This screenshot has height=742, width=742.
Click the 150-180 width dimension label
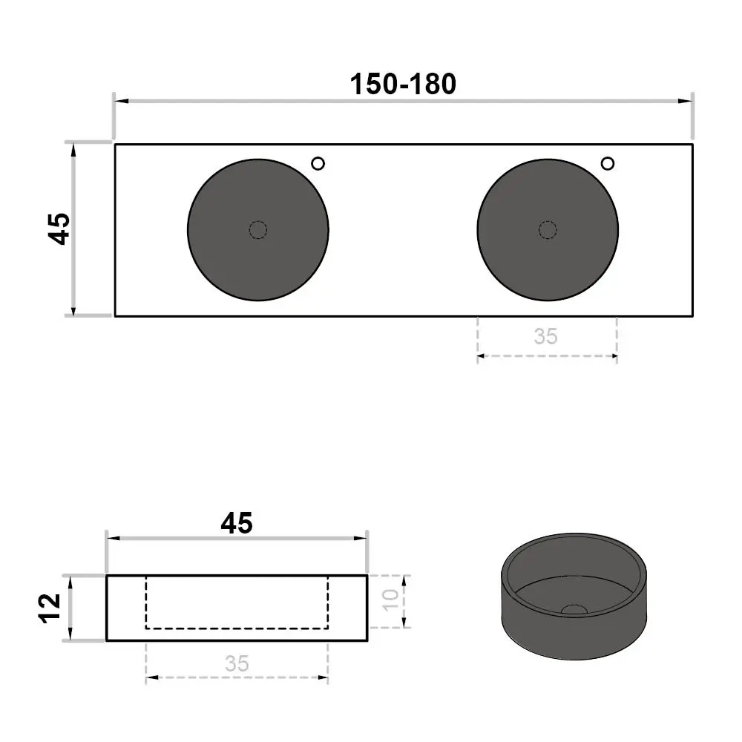[403, 85]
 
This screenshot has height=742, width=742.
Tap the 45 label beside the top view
[59, 229]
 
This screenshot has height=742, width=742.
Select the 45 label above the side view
[237, 523]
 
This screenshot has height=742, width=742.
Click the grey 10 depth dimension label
[391, 600]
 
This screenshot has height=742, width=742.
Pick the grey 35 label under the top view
[545, 336]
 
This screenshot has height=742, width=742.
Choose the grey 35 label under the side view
[237, 663]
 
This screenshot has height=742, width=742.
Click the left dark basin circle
[258, 230]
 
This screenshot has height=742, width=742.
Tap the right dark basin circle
[548, 230]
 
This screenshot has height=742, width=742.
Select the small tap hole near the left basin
[318, 164]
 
